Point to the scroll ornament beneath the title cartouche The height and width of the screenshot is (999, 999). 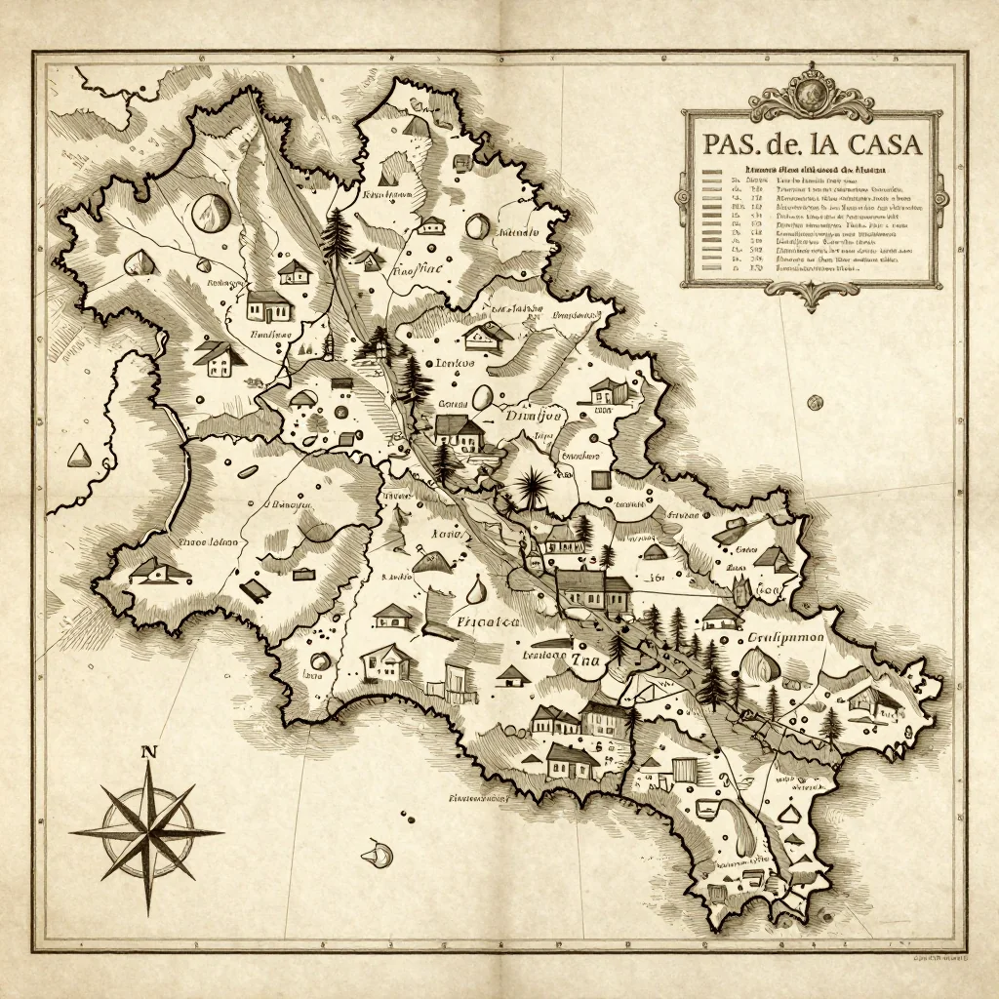coord(811,294)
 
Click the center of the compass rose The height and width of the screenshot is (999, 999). coord(146,832)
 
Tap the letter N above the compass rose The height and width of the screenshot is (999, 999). coord(148,751)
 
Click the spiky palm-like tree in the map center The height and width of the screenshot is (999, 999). coord(533,485)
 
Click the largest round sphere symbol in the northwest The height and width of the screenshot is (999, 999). coord(209,212)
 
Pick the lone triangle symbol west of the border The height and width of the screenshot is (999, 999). coord(78,455)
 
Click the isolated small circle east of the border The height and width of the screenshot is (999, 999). coord(815,402)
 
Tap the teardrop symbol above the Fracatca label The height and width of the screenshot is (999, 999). coord(475,589)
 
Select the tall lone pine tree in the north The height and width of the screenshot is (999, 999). coord(338,232)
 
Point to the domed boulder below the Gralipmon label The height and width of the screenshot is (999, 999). coord(761,667)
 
